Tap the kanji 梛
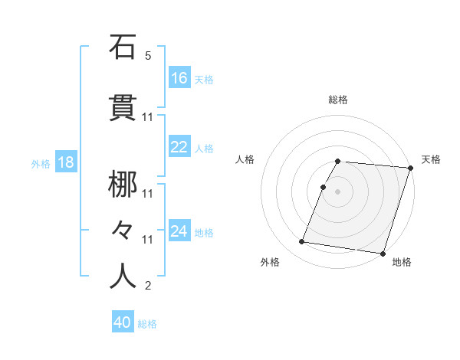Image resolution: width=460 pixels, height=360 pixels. click(123, 185)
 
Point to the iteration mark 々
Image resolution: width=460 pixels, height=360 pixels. click(123, 227)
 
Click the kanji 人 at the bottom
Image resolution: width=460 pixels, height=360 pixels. click(123, 275)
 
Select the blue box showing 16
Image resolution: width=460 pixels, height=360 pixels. click(179, 78)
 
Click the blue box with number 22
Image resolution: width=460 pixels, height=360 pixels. click(179, 147)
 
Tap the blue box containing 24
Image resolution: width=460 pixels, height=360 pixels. click(179, 231)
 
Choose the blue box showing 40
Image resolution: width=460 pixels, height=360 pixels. click(123, 323)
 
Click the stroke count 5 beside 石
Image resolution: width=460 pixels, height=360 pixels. click(148, 56)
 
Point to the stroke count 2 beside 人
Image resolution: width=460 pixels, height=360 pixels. click(148, 286)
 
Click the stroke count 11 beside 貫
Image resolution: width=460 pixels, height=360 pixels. click(148, 117)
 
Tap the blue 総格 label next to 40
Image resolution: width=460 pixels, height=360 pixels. click(147, 324)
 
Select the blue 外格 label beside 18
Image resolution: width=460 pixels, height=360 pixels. click(41, 164)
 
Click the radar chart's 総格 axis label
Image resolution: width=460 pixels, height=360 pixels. click(338, 100)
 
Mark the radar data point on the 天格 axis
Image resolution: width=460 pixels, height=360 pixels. click(411, 168)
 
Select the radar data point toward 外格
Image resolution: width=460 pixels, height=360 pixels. click(302, 242)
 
